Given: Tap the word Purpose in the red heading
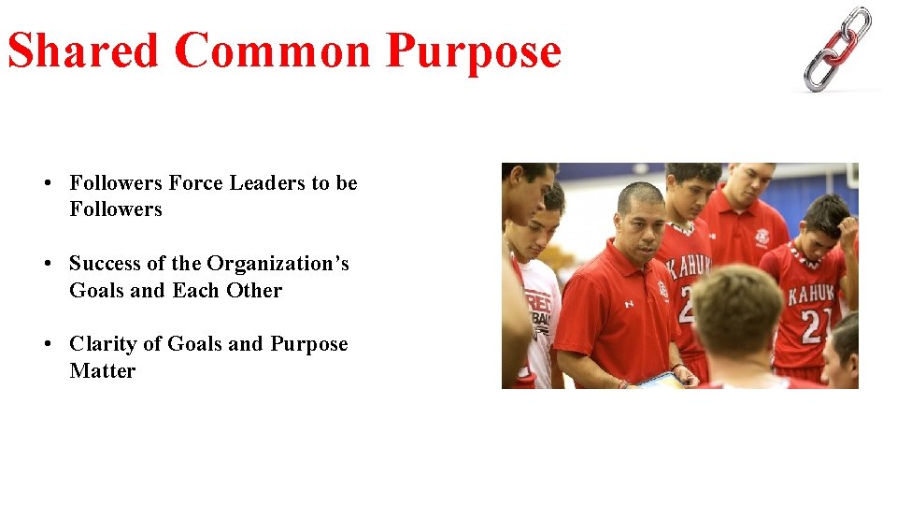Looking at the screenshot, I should point(474,50).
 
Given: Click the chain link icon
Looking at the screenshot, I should point(838,49).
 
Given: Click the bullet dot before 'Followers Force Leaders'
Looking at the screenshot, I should point(46,183).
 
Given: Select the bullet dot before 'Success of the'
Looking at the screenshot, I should point(46,264).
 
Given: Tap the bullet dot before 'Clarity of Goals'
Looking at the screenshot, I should point(46,344).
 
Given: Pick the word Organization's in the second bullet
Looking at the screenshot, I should point(278,264).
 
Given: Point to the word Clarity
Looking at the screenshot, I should point(102,344).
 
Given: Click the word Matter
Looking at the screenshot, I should point(102,371).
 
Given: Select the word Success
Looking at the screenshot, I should point(105,264).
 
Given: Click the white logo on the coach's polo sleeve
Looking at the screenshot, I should point(629,304).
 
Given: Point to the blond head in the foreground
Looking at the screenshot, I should point(736,308).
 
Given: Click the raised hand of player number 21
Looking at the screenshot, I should point(847,229).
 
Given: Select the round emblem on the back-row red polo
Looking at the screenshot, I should point(762,237).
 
